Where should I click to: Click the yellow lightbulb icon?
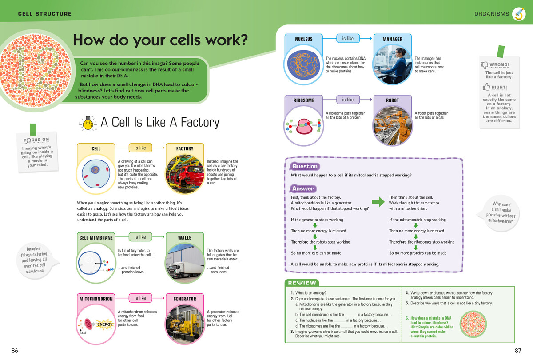click(88, 122)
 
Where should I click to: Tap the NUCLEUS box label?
click(304, 39)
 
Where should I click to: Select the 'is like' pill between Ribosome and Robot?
click(348, 100)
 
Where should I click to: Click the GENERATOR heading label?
click(185, 299)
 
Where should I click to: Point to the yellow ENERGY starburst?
click(105, 324)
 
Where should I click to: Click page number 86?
click(15, 351)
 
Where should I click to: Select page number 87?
click(518, 351)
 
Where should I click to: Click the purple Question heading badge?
click(305, 166)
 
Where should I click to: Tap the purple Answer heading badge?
click(302, 188)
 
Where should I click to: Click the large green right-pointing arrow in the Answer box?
click(378, 202)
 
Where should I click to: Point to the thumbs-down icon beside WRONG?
click(485, 65)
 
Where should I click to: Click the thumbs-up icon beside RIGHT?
click(486, 87)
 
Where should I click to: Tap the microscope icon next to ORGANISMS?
click(519, 14)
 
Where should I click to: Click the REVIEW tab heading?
click(302, 283)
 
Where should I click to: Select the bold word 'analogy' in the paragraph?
click(100, 208)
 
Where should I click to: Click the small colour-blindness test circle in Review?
click(473, 324)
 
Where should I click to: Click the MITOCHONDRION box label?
click(96, 299)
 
